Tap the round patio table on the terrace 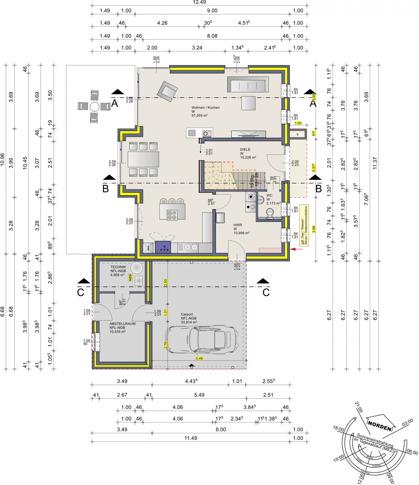[x=94, y=107]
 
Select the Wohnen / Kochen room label [x=205, y=108]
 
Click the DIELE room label [x=245, y=150]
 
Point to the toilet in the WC [x=270, y=213]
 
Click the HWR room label [x=238, y=225]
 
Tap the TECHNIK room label [x=118, y=267]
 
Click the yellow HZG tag [x=130, y=278]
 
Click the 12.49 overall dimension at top [x=199, y=2]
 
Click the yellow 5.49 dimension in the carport [x=199, y=358]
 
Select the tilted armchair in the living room [x=167, y=91]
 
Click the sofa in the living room [x=248, y=85]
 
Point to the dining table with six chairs [x=143, y=159]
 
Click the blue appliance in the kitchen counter [x=163, y=247]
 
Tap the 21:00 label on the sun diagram [x=359, y=407]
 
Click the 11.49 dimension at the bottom [x=191, y=438]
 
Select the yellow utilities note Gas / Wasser [x=304, y=225]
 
